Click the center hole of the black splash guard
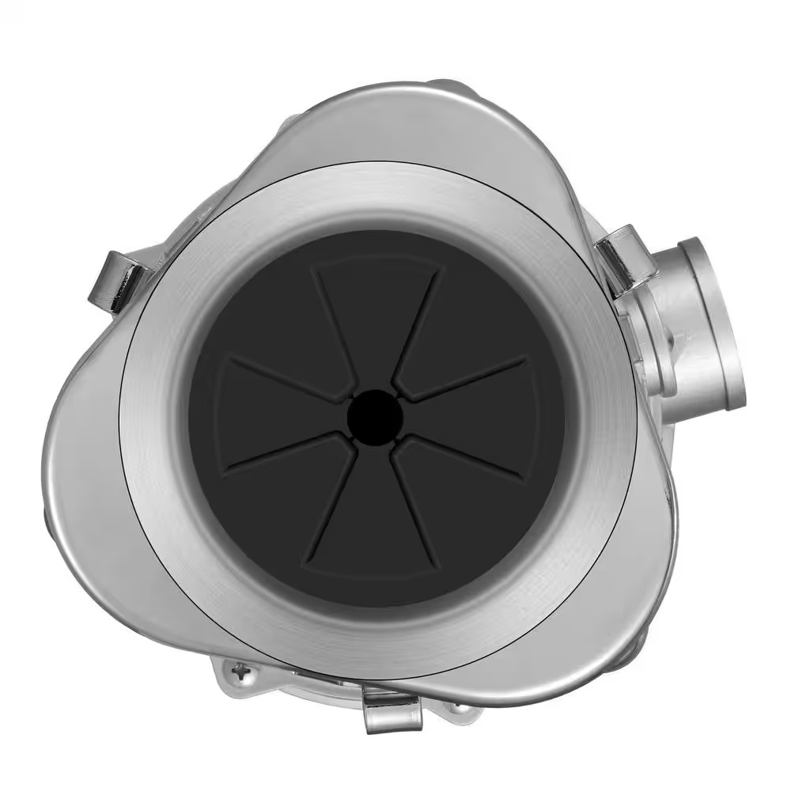pos(376,413)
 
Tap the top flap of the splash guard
pos(376,316)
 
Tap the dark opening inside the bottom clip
pos(392,700)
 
